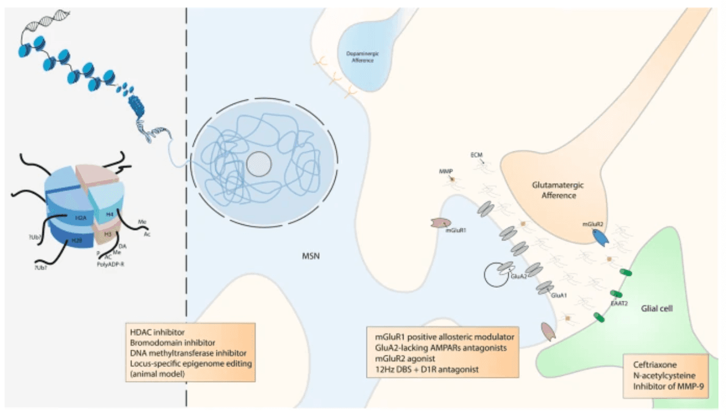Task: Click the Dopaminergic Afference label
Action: point(360,57)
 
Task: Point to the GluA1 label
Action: point(558,295)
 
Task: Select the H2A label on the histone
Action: point(80,217)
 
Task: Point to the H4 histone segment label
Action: point(109,214)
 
